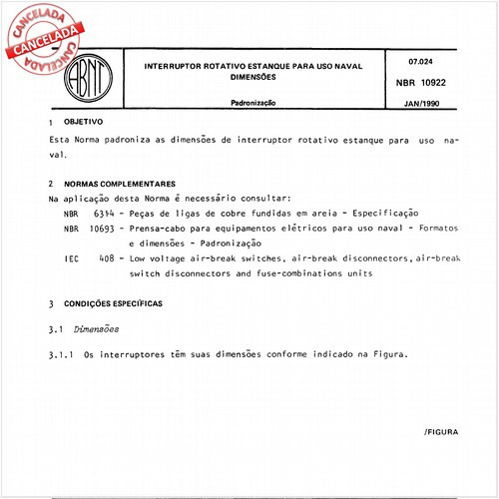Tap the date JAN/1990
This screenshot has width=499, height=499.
click(425, 102)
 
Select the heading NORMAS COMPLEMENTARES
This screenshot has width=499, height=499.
click(121, 184)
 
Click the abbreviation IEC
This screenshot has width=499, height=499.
click(71, 258)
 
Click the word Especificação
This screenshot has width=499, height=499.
click(377, 214)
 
